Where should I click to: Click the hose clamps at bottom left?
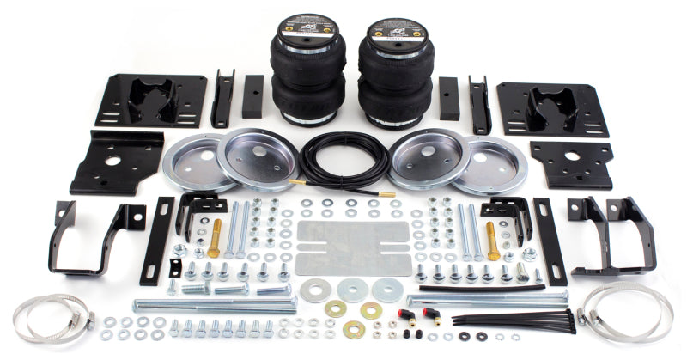click(57, 317)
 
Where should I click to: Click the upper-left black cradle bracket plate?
click(151, 101)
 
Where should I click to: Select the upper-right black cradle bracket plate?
click(553, 108)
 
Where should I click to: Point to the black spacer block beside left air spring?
click(252, 95)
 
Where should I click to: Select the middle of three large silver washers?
click(352, 290)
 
